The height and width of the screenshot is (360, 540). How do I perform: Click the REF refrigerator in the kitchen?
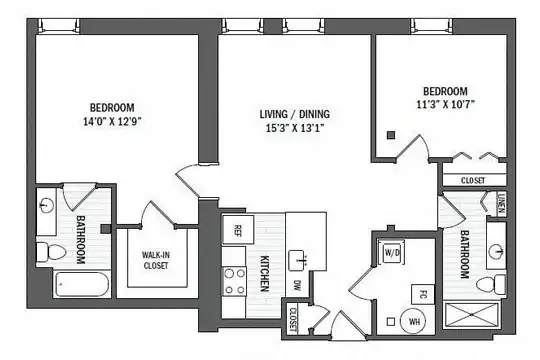[x=238, y=230]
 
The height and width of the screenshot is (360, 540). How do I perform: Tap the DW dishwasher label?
[x=297, y=285]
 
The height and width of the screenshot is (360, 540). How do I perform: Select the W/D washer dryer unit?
[x=392, y=253]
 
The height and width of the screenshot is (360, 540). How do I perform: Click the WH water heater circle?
[x=413, y=321]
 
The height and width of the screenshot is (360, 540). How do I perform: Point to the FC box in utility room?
[x=423, y=295]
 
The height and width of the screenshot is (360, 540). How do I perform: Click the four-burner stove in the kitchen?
[x=234, y=281]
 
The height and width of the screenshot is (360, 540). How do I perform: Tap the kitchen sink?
[x=298, y=260]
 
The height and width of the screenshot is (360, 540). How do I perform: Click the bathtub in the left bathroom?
[x=82, y=284]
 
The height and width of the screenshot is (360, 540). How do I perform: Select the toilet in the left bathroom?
[x=51, y=252]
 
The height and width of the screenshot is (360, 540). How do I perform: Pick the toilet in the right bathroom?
[x=491, y=285]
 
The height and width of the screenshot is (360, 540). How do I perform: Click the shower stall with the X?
[x=471, y=315]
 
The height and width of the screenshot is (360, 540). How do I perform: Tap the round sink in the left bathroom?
[x=46, y=206]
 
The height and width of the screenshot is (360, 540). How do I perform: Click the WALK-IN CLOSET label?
[x=156, y=260]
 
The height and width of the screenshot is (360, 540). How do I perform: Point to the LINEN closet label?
[x=501, y=204]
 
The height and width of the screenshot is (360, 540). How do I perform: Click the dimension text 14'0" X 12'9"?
[x=112, y=121]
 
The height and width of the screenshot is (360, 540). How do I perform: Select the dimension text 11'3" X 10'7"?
[x=446, y=104]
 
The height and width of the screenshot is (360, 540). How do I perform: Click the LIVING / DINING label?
[x=294, y=114]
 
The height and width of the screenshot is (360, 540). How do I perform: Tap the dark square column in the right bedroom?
[x=391, y=135]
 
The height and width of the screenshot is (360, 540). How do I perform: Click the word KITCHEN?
[x=264, y=274]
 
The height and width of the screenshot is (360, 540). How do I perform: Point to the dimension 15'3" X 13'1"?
[x=295, y=128]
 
